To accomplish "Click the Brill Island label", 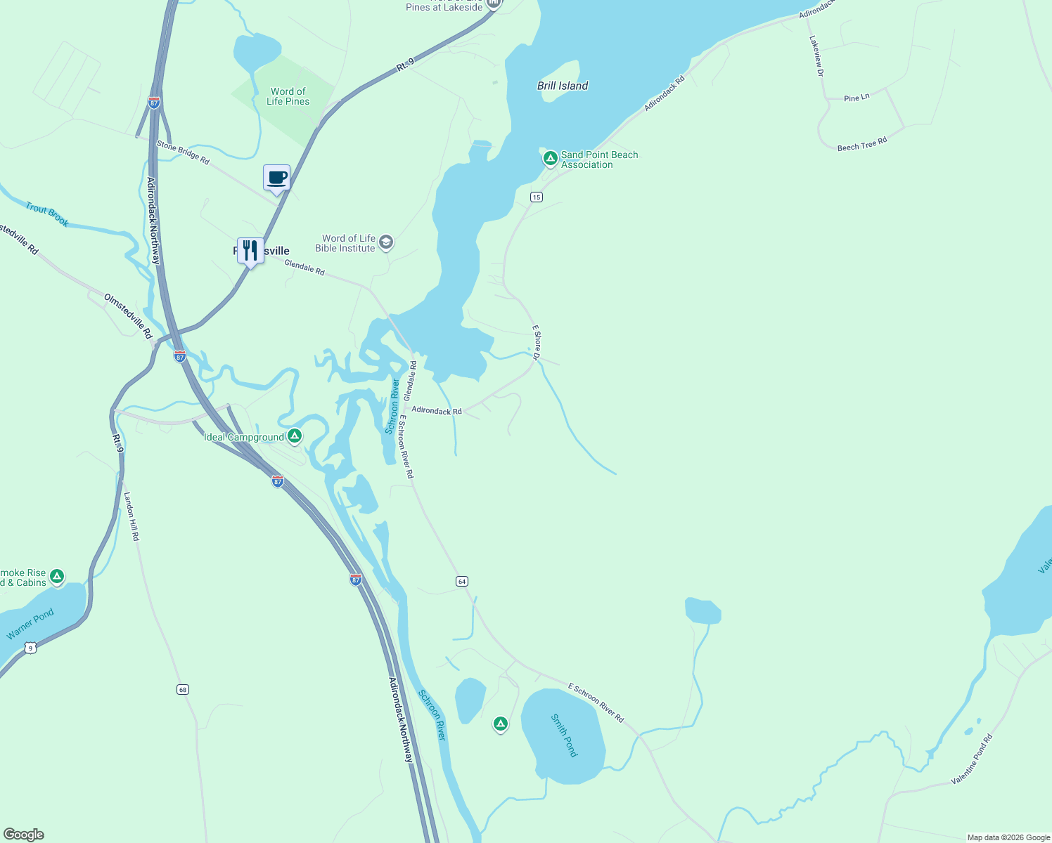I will click(x=563, y=86).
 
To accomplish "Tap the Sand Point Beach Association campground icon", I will click(x=551, y=158).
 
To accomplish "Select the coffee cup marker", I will click(x=276, y=178).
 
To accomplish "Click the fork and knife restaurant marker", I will click(x=250, y=250).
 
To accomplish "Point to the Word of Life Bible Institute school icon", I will click(x=385, y=243).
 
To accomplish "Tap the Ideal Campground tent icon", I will click(x=295, y=436).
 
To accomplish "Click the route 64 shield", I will click(x=461, y=582).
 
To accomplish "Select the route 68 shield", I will click(x=183, y=690).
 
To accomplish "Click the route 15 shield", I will click(x=537, y=197).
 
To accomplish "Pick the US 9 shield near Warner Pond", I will click(x=30, y=648).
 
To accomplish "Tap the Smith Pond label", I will click(x=564, y=736).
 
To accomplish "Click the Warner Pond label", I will click(x=30, y=625).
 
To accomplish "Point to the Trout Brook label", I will click(x=47, y=214).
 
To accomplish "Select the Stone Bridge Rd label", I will click(x=183, y=152).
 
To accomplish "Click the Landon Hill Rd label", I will click(x=131, y=516).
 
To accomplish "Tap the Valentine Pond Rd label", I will click(x=972, y=759).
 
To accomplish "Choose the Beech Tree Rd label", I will click(x=862, y=144).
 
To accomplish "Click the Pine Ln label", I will click(x=857, y=98).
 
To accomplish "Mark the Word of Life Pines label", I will click(x=288, y=96).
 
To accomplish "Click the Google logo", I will click(x=23, y=835).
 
